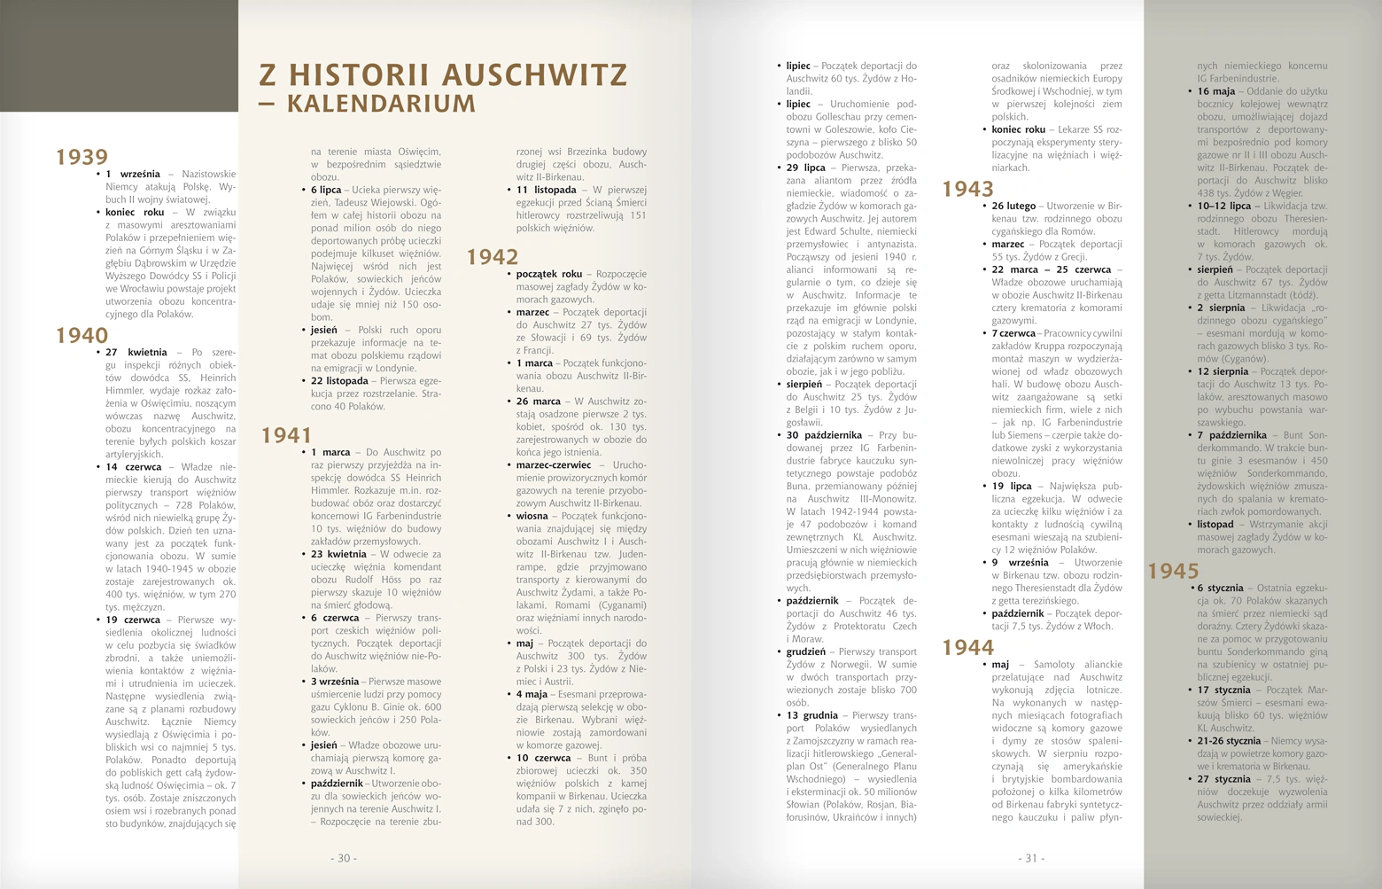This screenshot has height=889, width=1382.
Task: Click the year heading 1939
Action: coord(82,158)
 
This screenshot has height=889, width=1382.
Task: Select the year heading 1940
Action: coord(82,336)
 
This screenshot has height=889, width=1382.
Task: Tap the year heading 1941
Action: coord(286,436)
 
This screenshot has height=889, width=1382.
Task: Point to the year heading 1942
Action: coord(493,258)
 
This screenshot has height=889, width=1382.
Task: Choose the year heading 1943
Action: coord(967,190)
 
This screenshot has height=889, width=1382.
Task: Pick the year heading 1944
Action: coord(967,648)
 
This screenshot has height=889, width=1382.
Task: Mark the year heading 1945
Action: coord(1173,572)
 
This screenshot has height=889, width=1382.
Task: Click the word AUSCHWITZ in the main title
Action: coord(534,75)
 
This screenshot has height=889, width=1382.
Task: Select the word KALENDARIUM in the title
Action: coord(381,104)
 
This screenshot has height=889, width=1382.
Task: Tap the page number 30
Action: coord(344,858)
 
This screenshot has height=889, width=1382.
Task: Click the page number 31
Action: coord(1031,858)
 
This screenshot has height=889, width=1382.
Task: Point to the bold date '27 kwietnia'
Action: coord(136,353)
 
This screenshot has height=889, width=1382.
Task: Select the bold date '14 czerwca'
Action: coord(134,467)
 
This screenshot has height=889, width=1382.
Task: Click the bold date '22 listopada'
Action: coord(339,381)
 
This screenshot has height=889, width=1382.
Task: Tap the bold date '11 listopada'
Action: coord(547,190)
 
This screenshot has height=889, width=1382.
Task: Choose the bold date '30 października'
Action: coord(824,435)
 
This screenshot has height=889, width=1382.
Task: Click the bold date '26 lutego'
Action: coord(1013,206)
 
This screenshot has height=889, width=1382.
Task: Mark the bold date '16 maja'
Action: coord(1216,91)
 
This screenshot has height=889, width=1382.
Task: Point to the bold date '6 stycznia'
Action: coord(1220,588)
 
